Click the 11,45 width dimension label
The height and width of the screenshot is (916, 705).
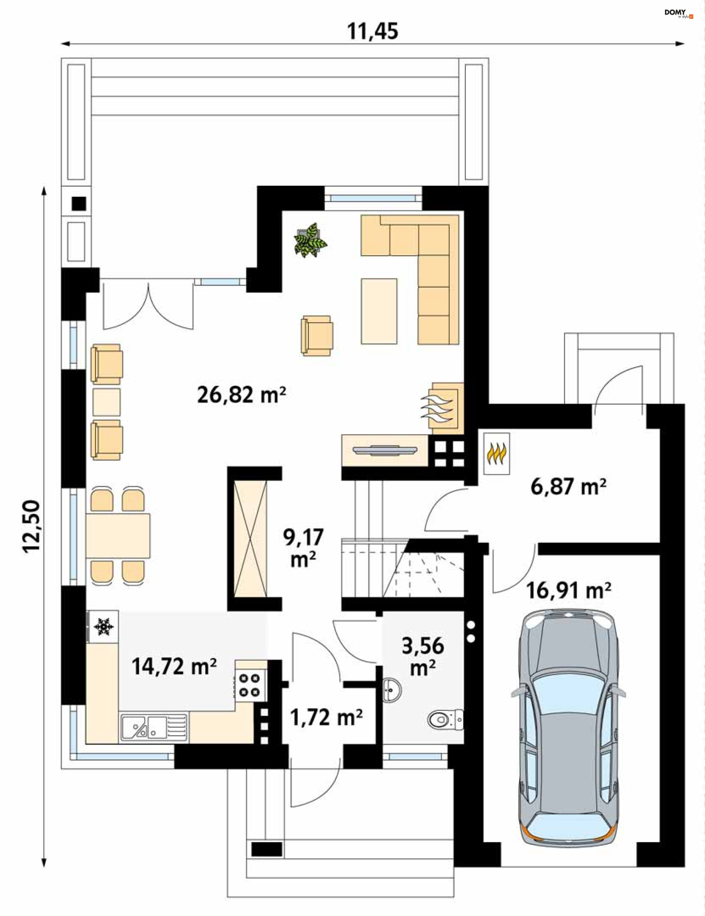pos(372,32)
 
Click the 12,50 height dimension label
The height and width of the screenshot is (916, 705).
pos(32,527)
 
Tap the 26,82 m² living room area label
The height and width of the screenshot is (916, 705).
pos(242,395)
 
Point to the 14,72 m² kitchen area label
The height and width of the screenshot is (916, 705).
pos(174,666)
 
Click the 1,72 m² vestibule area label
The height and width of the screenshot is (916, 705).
pos(326,717)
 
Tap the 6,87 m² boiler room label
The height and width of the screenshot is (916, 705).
pos(568,486)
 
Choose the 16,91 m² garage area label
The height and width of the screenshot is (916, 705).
pos(569,590)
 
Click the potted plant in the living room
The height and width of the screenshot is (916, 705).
pos(311,240)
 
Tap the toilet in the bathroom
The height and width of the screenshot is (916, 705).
pos(445,720)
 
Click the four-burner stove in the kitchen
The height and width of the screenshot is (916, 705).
pos(250,686)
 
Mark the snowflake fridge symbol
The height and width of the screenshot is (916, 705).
pos(103,626)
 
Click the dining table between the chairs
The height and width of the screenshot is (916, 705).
pos(118,536)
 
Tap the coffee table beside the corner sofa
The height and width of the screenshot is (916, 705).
pos(379,311)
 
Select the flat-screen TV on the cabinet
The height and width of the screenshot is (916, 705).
pos(386,450)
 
